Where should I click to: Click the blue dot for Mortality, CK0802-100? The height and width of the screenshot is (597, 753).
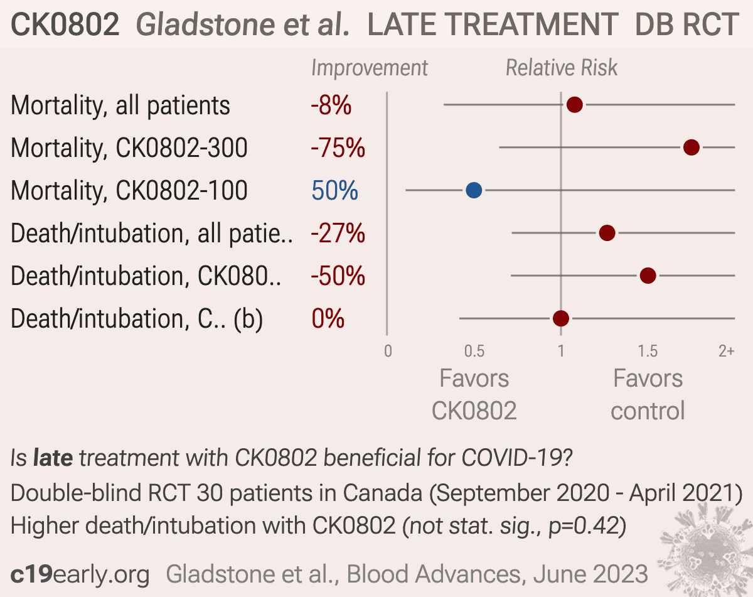474,190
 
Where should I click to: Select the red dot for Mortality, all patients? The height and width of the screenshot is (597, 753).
575,105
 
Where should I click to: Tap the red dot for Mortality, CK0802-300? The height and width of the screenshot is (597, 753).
692,148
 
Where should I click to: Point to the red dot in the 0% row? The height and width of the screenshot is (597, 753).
561,319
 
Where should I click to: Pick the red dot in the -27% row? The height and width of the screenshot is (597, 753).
607,233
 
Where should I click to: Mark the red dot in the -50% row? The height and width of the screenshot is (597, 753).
648,276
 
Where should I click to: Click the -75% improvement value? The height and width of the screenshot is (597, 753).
338,148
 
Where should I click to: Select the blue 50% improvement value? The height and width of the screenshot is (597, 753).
334,190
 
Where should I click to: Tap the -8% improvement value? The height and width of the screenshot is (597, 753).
331,105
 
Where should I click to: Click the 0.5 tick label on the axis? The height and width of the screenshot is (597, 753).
474,351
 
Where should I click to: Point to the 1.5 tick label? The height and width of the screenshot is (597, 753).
648,351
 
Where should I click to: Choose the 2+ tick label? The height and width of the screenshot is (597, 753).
727,351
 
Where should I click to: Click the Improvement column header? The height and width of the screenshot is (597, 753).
370,68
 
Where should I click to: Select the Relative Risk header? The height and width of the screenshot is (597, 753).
562,68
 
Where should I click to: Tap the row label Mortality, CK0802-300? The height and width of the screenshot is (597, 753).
129,148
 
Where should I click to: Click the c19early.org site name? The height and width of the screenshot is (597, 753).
80,574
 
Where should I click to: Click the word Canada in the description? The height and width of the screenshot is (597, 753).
382,493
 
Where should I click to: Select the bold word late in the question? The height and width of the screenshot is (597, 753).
53,458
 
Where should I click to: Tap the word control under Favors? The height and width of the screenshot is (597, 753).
648,411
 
